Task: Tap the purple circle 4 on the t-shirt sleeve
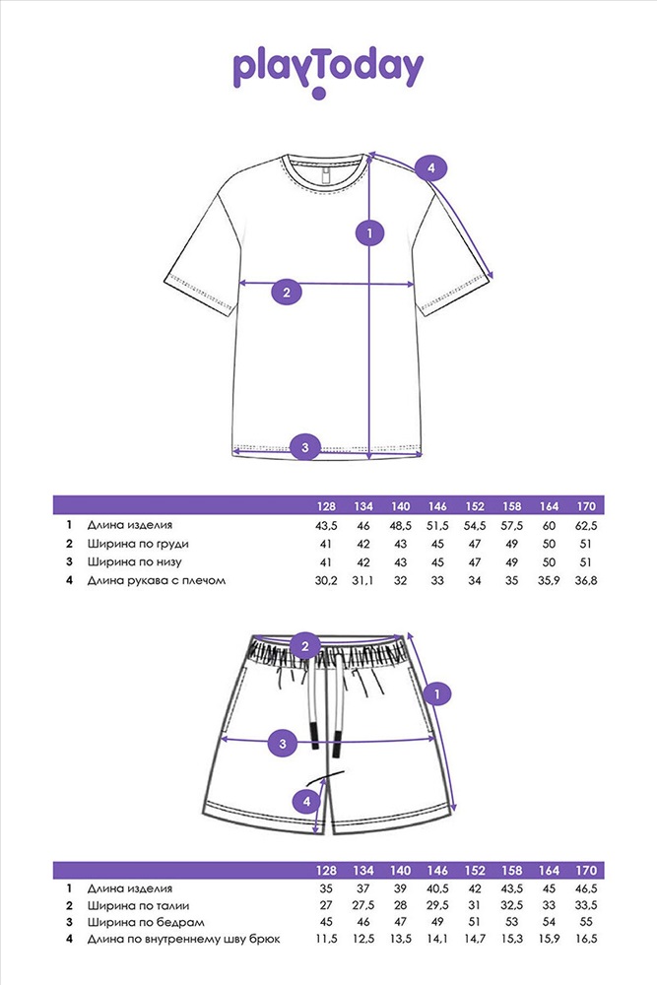point(430,168)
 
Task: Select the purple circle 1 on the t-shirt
point(368,233)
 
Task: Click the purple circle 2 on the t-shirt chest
point(286,292)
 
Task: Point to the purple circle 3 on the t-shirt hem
point(305,447)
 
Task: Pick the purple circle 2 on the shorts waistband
point(305,647)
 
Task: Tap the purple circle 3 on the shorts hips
point(283,742)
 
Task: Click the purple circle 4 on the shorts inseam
point(307,802)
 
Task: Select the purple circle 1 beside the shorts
point(438,694)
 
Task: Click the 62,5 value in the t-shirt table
point(586,525)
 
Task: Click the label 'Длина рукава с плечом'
point(157,580)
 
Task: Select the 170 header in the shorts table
point(586,871)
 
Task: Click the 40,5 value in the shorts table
point(438,889)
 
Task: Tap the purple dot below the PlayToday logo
point(318,95)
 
